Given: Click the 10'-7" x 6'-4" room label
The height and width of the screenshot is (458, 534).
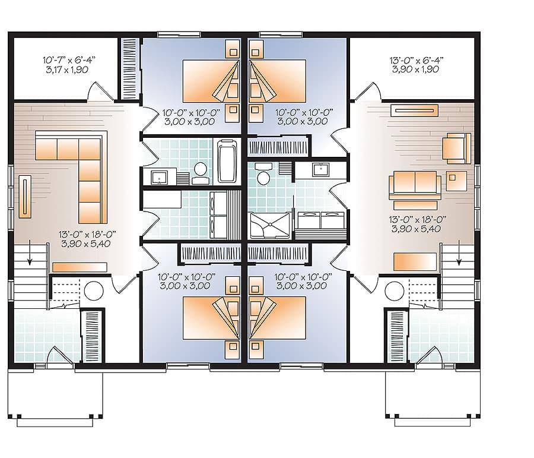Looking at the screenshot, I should pyautogui.click(x=69, y=60).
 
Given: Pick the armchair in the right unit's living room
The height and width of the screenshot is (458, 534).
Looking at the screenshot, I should pyautogui.click(x=457, y=148).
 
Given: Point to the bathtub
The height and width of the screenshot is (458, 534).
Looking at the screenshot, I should pyautogui.click(x=227, y=160).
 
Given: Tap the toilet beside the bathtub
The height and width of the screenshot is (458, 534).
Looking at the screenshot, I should pyautogui.click(x=201, y=170).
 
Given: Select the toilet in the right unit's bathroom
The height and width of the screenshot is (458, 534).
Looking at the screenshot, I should pyautogui.click(x=264, y=176).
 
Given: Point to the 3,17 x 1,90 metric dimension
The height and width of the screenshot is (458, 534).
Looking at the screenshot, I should pyautogui.click(x=69, y=70).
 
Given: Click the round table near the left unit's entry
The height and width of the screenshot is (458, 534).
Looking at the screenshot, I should pyautogui.click(x=94, y=290).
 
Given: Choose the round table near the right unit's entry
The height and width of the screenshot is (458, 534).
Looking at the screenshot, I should pyautogui.click(x=394, y=291).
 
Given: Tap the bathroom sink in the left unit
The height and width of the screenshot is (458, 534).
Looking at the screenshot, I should pyautogui.click(x=160, y=176).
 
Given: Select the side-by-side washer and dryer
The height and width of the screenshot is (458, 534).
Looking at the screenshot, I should pyautogui.click(x=320, y=220).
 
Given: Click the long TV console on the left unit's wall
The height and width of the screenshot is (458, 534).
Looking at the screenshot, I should pyautogui.click(x=27, y=196).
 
